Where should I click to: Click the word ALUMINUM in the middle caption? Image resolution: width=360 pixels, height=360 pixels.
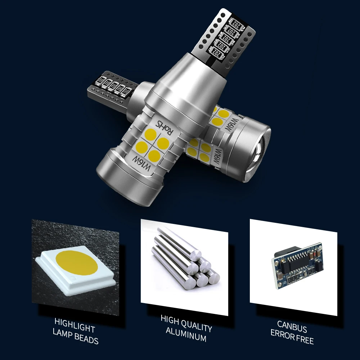186,338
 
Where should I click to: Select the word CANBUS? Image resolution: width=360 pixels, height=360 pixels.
292,329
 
